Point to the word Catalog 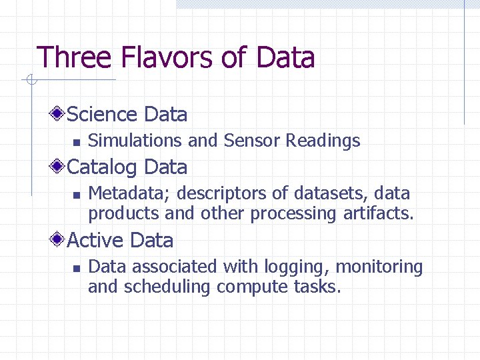coord(103,167)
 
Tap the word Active coord(96,241)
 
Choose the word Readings coord(323,141)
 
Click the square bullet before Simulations coord(76,142)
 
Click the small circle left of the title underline coord(30,81)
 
